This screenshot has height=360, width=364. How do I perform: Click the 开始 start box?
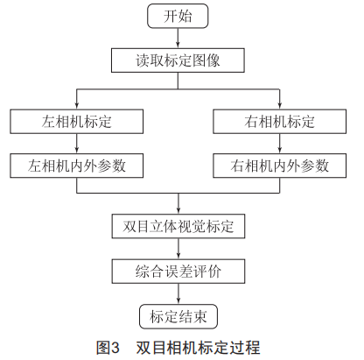tap(178, 16)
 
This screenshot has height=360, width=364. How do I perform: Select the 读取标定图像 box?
tap(178, 60)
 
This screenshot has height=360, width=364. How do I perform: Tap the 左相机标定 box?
tap(77, 122)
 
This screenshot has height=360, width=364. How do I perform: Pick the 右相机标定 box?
tap(279, 122)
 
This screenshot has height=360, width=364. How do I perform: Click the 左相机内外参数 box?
tap(77, 166)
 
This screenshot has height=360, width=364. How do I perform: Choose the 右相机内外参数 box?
tap(279, 166)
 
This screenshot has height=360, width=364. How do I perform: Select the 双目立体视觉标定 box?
tap(178, 226)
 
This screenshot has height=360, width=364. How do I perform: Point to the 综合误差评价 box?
tap(178, 272)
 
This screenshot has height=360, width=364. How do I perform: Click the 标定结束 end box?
tap(178, 316)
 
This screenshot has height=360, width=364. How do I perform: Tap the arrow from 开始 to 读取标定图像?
tap(178, 39)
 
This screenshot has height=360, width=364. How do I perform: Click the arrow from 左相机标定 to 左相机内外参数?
tap(77, 144)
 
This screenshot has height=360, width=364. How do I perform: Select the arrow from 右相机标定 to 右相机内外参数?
tap(280, 144)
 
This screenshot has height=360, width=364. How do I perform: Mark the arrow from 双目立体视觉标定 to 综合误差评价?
tap(178, 249)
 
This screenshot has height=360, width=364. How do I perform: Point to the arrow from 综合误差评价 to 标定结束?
tap(178, 293)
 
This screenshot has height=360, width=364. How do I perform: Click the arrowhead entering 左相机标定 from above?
tap(77, 106)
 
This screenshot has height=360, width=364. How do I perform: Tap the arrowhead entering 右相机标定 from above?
tap(280, 106)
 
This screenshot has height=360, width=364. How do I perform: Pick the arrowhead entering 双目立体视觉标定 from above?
tap(178, 211)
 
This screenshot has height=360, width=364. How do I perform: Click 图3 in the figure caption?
tap(108, 348)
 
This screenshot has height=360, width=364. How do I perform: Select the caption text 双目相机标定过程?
tap(198, 348)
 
